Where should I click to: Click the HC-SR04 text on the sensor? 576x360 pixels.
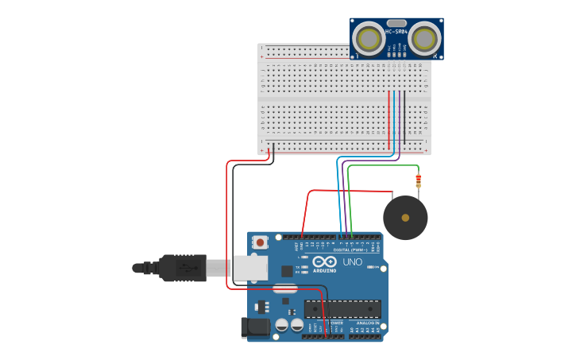click(x=396, y=32)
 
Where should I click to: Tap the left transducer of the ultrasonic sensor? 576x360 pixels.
click(x=367, y=38)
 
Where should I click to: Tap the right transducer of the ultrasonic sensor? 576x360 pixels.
click(x=425, y=38)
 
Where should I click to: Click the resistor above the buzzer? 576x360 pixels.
click(x=418, y=181)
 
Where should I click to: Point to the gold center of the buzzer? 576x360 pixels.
click(x=405, y=218)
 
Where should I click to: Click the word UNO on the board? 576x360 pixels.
click(x=352, y=262)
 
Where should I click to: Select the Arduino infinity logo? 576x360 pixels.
click(x=324, y=262)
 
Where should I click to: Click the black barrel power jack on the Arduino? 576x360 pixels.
click(x=256, y=326)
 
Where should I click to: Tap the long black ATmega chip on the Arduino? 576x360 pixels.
click(x=353, y=309)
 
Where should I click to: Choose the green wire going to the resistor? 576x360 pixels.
click(x=381, y=166)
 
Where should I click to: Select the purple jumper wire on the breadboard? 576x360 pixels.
click(x=399, y=119)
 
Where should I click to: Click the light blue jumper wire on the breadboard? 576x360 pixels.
click(x=394, y=119)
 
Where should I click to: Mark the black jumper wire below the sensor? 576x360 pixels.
click(x=404, y=119)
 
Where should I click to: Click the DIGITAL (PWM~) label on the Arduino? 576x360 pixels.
click(x=350, y=250)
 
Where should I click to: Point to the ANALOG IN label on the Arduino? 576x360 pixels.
click(x=367, y=323)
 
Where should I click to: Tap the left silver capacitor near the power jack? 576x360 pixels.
click(x=282, y=325)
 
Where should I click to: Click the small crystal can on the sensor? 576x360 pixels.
click(x=396, y=23)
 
